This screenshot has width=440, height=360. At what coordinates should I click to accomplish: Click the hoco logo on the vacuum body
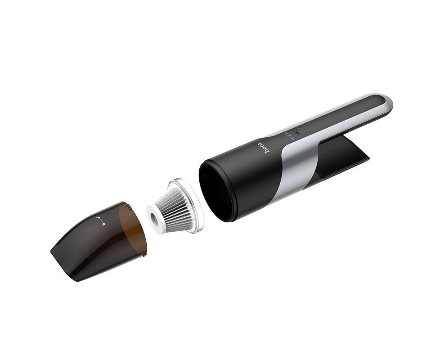coord(263,147)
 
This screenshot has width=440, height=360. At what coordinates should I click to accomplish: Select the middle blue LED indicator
coord(289,136)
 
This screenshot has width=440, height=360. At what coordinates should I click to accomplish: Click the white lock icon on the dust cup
coord(100,221)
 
